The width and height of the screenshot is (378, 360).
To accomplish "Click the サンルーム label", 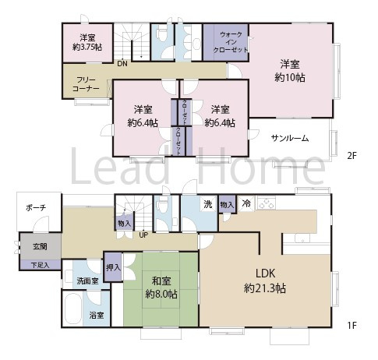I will pyautogui.click(x=290, y=138).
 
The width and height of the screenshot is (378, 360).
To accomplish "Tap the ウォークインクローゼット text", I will pyautogui.click(x=231, y=43).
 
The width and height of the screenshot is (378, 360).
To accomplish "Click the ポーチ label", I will pyautogui.click(x=35, y=207).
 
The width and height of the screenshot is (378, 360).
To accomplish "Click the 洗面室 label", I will pyautogui.click(x=87, y=281).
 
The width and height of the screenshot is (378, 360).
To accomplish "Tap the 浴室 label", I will pyautogui.click(x=97, y=315).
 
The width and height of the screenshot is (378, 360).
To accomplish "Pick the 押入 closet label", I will pyautogui.click(x=114, y=267).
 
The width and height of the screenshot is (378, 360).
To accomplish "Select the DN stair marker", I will pyautogui.click(x=122, y=64).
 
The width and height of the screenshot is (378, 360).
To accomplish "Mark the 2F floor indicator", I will pyautogui.click(x=352, y=156).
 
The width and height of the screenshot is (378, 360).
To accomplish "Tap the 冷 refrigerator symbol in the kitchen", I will pyautogui.click(x=246, y=203).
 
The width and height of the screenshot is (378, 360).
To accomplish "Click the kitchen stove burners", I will pyautogui.click(x=267, y=204).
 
